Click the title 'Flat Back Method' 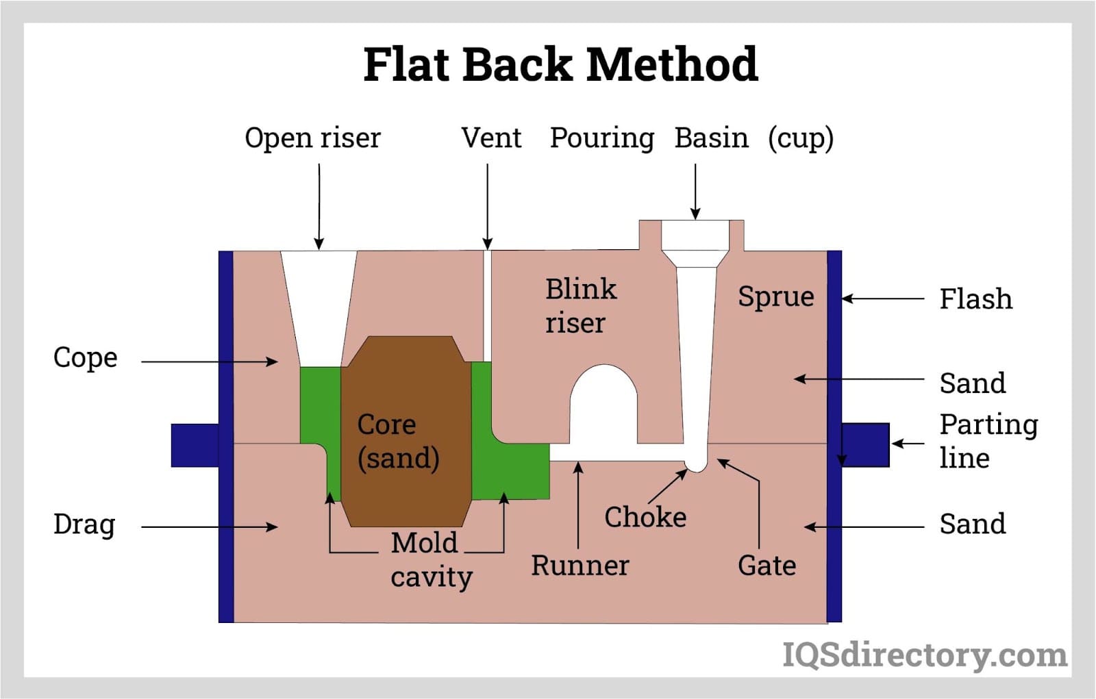560,64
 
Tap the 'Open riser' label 312,138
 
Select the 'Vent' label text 490,138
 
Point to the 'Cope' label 86,357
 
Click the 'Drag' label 84,524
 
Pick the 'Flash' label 975,299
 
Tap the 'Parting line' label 988,441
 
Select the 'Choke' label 645,517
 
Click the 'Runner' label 580,565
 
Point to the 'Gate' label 767,565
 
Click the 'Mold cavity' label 430,560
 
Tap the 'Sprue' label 775,296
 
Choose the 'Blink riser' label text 580,306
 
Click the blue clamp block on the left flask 195,445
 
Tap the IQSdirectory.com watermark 924,655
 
